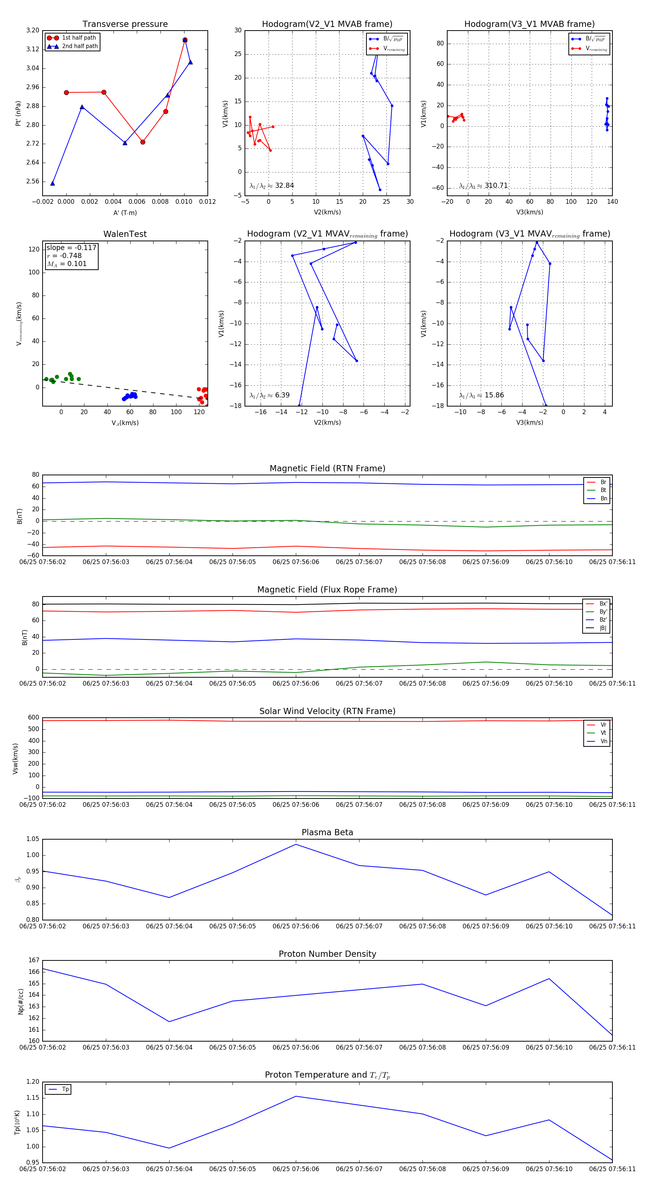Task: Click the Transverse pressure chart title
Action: click(125, 24)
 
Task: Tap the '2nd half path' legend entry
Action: click(79, 46)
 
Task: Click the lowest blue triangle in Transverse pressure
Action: click(53, 183)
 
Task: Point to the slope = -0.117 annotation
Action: click(71, 247)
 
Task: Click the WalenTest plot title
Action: click(125, 234)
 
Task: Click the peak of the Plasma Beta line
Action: click(295, 844)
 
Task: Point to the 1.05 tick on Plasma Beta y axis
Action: click(33, 839)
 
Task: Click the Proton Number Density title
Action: click(327, 954)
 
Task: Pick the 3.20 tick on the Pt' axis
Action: click(33, 30)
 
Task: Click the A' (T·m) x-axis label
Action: click(125, 213)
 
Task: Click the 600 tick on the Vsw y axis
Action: click(33, 718)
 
